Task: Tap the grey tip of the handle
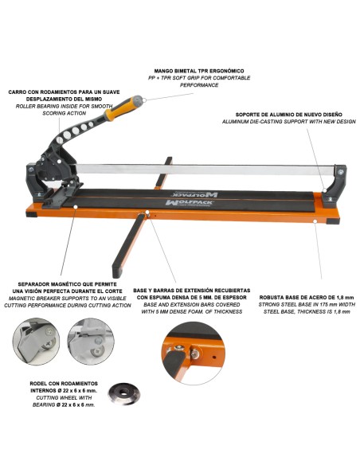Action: [x=138, y=101]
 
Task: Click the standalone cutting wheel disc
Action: [x=123, y=393]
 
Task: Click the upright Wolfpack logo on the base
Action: [x=189, y=203]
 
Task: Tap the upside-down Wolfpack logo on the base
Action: [x=194, y=194]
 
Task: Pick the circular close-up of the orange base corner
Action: [x=193, y=353]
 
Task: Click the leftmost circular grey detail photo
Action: [x=36, y=342]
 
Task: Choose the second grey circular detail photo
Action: [x=91, y=342]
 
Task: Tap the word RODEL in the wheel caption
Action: [x=37, y=384]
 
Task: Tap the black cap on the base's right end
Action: [x=333, y=221]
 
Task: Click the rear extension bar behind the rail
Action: [x=164, y=173]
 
